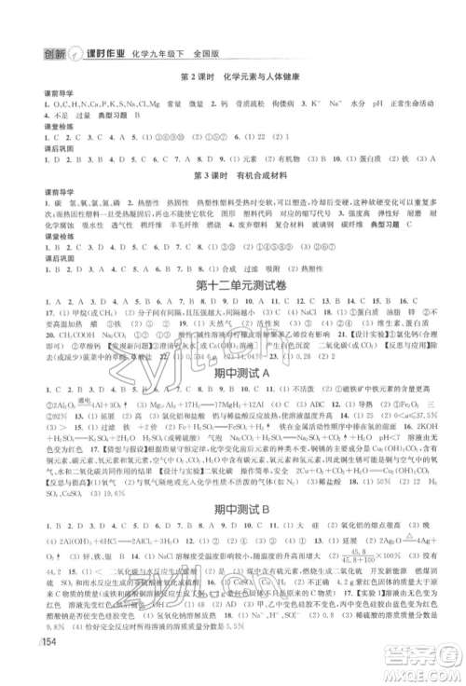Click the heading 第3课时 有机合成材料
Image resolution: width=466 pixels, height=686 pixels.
pyautogui.click(x=233, y=173)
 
